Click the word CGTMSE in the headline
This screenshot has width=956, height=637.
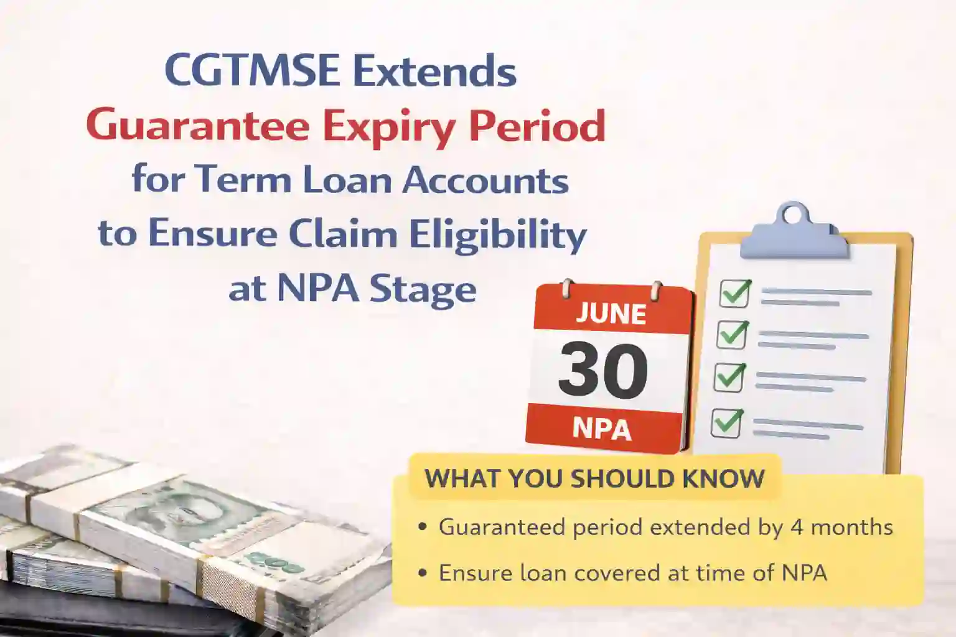tap(252, 71)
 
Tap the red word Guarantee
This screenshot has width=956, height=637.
tap(197, 126)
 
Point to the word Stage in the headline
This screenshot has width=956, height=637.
tap(423, 289)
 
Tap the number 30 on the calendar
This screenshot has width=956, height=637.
tap(602, 371)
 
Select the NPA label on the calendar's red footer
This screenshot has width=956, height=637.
tap(601, 429)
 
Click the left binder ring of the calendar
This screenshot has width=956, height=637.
tap(566, 289)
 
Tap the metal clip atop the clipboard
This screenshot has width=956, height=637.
tap(794, 231)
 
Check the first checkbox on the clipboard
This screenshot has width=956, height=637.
tap(734, 293)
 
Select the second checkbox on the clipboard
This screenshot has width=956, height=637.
tap(732, 335)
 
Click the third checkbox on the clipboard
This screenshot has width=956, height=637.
tap(729, 377)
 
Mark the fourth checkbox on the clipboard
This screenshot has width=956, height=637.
tap(726, 423)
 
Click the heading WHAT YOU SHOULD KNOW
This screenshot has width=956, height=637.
tap(594, 478)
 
